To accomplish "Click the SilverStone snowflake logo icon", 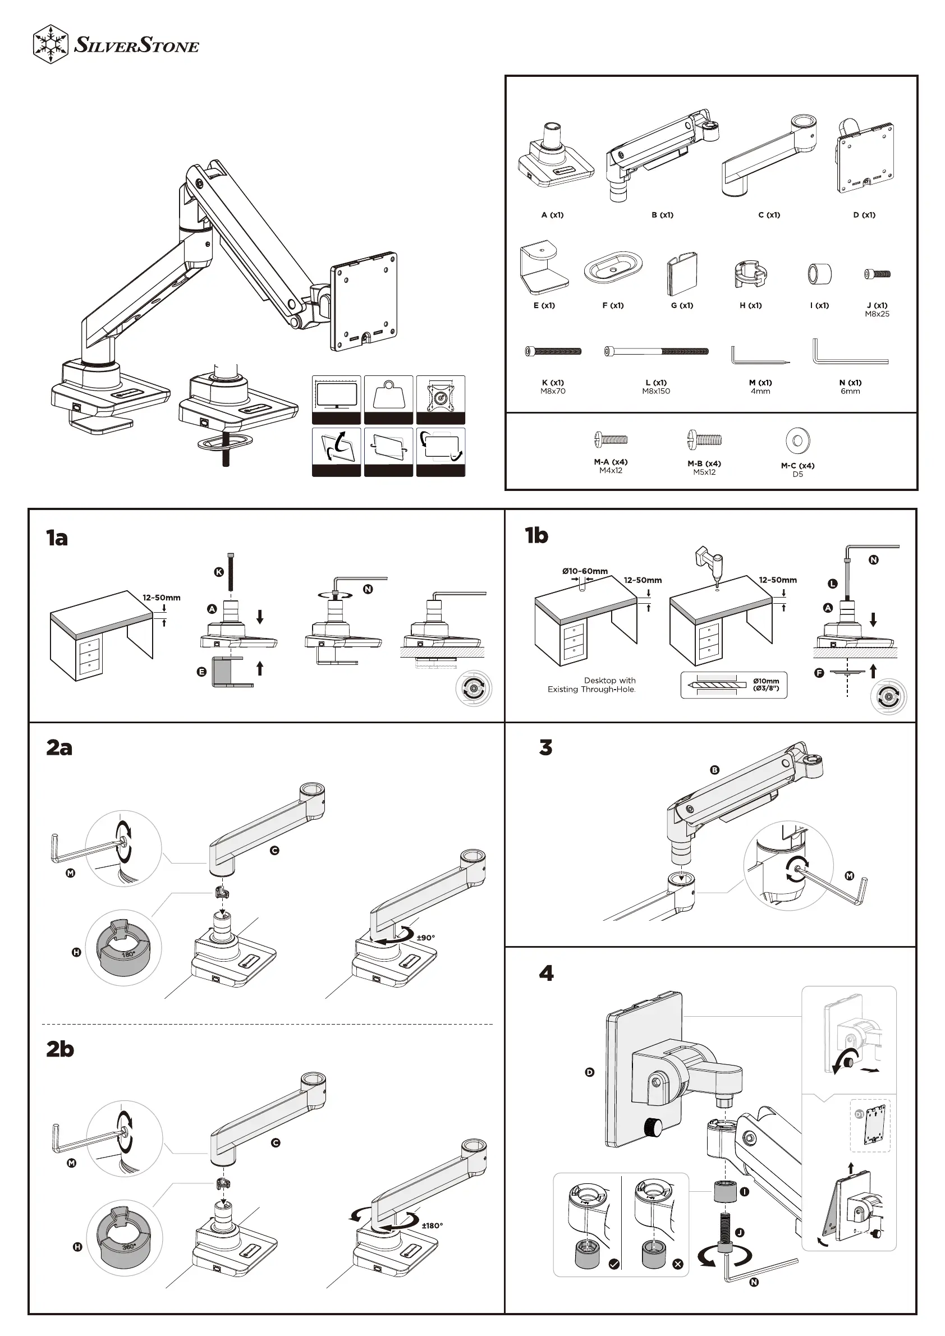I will [x=51, y=44].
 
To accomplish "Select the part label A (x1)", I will [x=552, y=215].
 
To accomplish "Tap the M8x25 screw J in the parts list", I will [x=878, y=273].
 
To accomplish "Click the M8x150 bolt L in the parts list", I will [x=657, y=351].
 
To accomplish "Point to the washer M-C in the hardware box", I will [x=798, y=440].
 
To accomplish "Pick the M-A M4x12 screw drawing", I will [x=611, y=439].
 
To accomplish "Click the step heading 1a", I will [x=57, y=538].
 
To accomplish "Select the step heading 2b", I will [x=60, y=1049].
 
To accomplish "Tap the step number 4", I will [x=547, y=973].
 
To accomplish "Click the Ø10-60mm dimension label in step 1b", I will [x=585, y=571].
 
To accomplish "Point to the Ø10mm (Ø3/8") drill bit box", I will [x=734, y=685].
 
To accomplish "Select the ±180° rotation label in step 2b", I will [x=432, y=1225].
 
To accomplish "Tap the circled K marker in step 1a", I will [x=219, y=572].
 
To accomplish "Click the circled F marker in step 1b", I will [x=819, y=673].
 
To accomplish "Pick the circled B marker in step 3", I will [x=714, y=770].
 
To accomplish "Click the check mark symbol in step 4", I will [x=614, y=1264].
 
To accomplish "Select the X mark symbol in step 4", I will [x=678, y=1264].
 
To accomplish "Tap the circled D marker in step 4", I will [x=589, y=1072].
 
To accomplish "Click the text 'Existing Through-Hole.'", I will [x=591, y=690].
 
